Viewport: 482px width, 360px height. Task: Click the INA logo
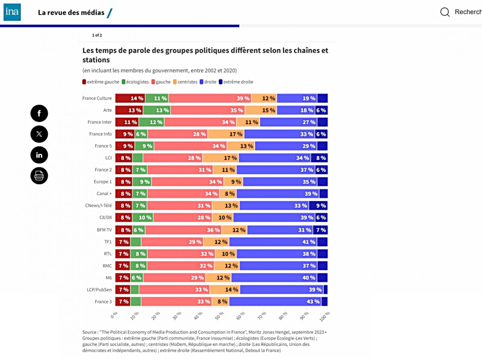(x=12, y=12)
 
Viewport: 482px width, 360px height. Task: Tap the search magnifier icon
(x=445, y=12)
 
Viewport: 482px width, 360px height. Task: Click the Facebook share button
(x=39, y=113)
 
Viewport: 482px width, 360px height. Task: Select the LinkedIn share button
(x=39, y=155)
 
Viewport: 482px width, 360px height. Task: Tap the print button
(x=39, y=176)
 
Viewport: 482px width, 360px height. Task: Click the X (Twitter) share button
(x=39, y=134)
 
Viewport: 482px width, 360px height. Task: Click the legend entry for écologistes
(x=136, y=82)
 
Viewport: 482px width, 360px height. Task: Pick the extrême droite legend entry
(x=236, y=82)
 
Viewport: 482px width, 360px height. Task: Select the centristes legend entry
(x=185, y=82)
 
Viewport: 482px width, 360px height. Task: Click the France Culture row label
(x=97, y=98)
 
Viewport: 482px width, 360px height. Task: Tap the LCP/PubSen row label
(x=99, y=290)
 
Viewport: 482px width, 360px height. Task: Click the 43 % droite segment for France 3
(x=275, y=302)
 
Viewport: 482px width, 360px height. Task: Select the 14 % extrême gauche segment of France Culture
(x=130, y=98)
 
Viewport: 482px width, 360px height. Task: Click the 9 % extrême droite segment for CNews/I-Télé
(x=318, y=206)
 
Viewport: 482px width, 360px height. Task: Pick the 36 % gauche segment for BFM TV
(x=183, y=230)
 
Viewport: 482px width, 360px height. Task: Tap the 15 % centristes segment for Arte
(x=261, y=110)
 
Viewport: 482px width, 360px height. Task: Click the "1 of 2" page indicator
(x=97, y=35)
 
